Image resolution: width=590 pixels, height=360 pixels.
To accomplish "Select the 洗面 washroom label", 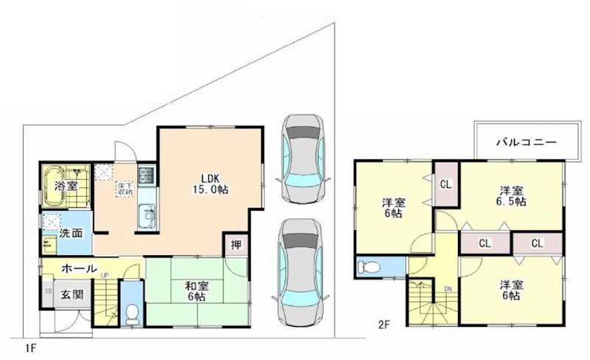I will click(71, 234).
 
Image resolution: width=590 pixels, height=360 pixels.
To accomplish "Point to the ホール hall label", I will click(78, 269).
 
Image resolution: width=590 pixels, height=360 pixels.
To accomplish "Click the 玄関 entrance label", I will click(72, 295).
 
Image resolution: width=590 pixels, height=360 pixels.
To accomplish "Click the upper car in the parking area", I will click(300, 156).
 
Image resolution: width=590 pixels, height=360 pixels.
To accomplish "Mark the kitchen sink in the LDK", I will click(147, 218).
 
